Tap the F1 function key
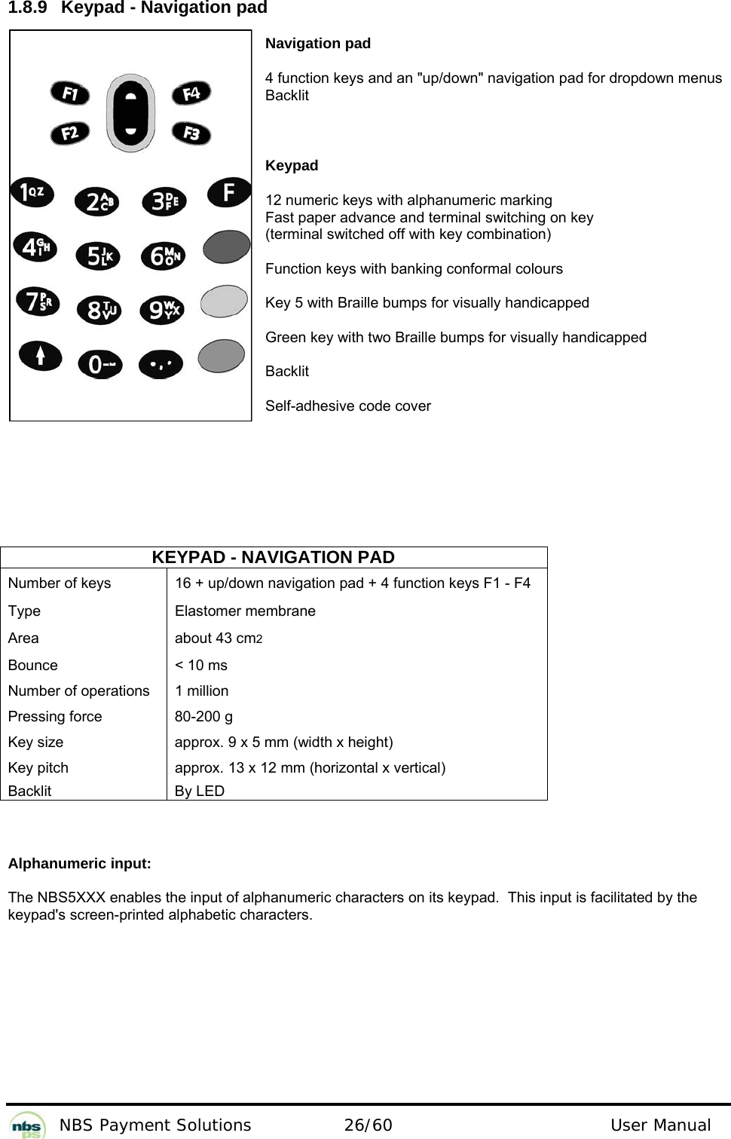click(70, 93)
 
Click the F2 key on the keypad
click(70, 133)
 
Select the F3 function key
click(191, 133)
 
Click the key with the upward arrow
click(40, 355)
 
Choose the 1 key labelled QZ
click(32, 192)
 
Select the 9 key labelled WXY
click(162, 310)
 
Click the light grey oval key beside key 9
click(224, 302)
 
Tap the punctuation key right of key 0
click(161, 363)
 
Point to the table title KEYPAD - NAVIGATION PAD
click(273, 557)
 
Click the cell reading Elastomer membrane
click(245, 611)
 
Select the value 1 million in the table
click(201, 690)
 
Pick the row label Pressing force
click(55, 716)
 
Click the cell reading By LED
click(200, 791)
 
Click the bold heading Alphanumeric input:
click(79, 864)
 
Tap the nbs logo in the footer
click(29, 1125)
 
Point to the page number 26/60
click(368, 1125)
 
